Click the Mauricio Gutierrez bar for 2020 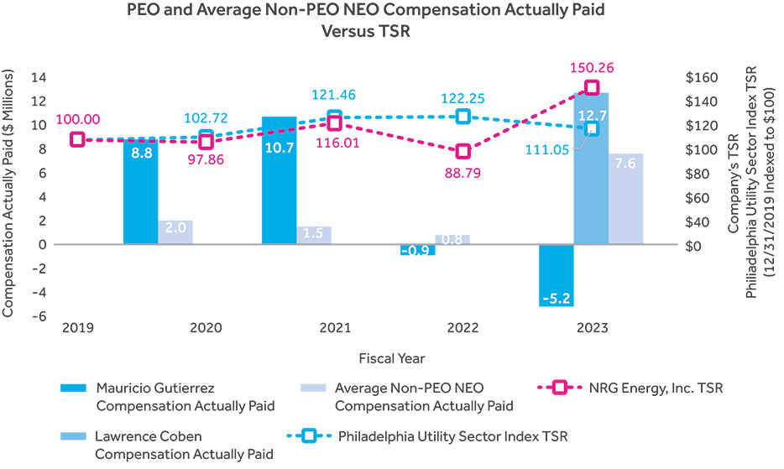(140, 192)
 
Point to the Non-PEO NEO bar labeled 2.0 (175, 232)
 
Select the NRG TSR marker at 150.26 (592, 88)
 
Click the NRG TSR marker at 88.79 (463, 152)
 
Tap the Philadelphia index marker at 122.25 (463, 117)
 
